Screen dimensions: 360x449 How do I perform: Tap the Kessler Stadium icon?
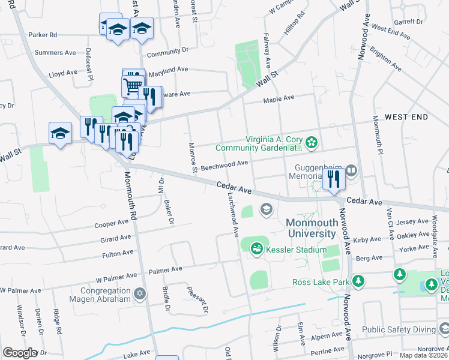[257, 247]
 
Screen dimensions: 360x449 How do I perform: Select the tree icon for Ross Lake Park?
[358, 281]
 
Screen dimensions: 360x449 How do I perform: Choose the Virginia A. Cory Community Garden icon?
[312, 142]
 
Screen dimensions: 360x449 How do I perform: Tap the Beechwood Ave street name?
[224, 163]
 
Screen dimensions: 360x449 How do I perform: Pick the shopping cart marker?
[133, 84]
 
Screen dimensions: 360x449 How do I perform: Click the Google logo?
[20, 353]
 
